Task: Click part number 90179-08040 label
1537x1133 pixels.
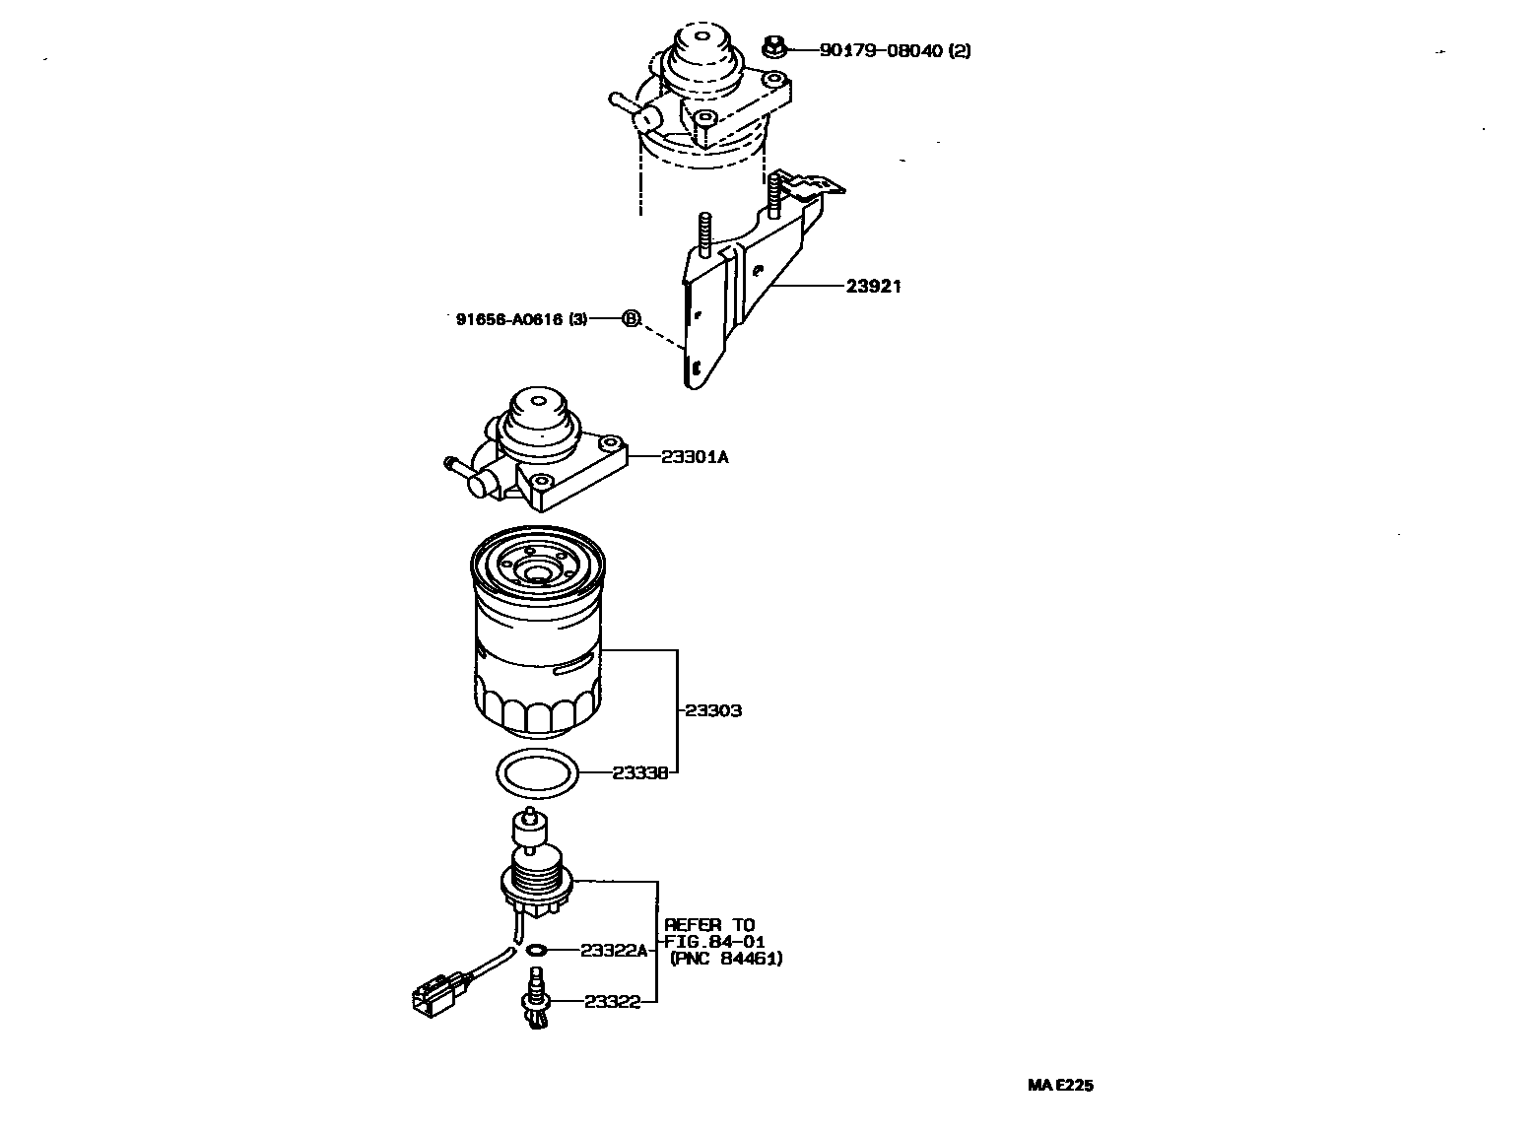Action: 895,49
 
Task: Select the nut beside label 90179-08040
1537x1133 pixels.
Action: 774,45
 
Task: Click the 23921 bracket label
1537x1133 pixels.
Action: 873,287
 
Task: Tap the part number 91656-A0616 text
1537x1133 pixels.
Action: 521,318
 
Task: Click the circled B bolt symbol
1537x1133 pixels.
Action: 631,318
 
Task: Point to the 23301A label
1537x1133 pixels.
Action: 695,456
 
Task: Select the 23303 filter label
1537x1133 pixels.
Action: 713,710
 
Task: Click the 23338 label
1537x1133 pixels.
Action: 640,773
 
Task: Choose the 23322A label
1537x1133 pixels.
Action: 614,950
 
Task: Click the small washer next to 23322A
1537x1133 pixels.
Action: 537,950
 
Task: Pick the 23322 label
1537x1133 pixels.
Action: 612,1001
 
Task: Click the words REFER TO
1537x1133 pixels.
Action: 709,924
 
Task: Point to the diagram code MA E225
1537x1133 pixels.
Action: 1060,1085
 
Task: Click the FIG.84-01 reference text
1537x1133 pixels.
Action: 715,941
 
